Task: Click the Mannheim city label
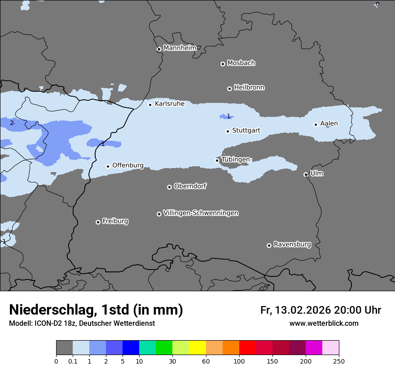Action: coord(180,48)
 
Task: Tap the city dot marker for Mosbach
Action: coord(223,64)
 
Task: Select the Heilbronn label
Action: coord(249,87)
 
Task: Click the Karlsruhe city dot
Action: coord(150,105)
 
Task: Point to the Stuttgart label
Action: coord(246,130)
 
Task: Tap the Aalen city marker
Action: coord(316,124)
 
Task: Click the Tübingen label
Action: coord(235,160)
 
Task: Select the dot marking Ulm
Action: coord(306,174)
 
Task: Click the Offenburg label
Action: coord(128,165)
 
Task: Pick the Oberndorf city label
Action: coord(190,186)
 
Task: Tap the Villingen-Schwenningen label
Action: coord(201,213)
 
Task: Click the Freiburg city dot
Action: coord(98,222)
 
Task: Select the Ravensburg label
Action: coord(292,244)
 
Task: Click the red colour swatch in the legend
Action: coord(247,348)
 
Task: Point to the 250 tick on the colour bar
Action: coord(339,361)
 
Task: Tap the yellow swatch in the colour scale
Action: coord(197,348)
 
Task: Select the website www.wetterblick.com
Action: coord(324,323)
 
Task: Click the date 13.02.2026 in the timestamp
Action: coord(302,310)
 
